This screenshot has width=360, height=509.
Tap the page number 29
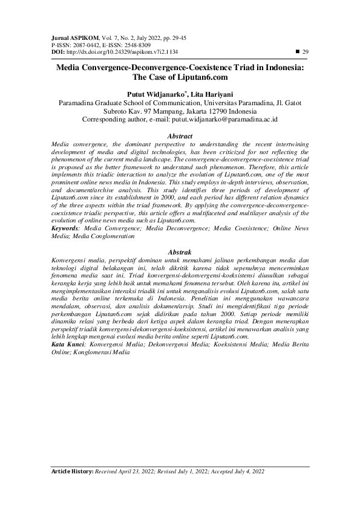[x=306, y=52]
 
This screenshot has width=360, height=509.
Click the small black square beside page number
[x=296, y=52]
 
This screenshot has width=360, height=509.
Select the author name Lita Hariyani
[x=211, y=95]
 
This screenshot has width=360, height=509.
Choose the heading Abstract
[x=180, y=137]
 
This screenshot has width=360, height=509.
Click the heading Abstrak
[x=180, y=251]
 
